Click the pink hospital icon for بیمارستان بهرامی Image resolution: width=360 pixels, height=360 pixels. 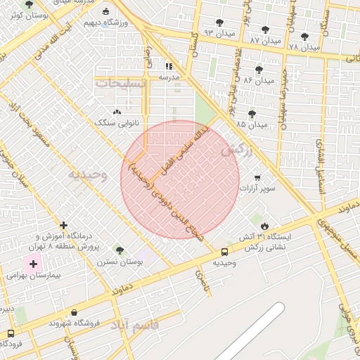32,264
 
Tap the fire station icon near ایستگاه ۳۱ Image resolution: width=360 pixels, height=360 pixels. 264,225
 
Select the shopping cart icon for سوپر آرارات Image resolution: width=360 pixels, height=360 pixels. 257,177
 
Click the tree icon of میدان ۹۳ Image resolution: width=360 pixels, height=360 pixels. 219,22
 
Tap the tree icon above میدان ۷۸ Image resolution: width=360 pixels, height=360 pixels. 304,37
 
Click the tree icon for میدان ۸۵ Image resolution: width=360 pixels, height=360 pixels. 252,113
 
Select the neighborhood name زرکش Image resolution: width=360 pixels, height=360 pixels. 236,150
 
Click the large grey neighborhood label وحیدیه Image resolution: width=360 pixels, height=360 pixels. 87,175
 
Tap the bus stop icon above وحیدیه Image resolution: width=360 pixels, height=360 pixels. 224,252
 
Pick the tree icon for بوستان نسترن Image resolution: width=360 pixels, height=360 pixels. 119,250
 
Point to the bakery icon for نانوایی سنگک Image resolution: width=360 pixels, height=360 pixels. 117,112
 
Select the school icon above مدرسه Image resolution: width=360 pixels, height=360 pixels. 169,65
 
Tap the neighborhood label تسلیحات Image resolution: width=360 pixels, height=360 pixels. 122,83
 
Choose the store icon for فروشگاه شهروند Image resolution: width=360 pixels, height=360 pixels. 74,313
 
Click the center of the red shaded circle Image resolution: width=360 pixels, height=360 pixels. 180,179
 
